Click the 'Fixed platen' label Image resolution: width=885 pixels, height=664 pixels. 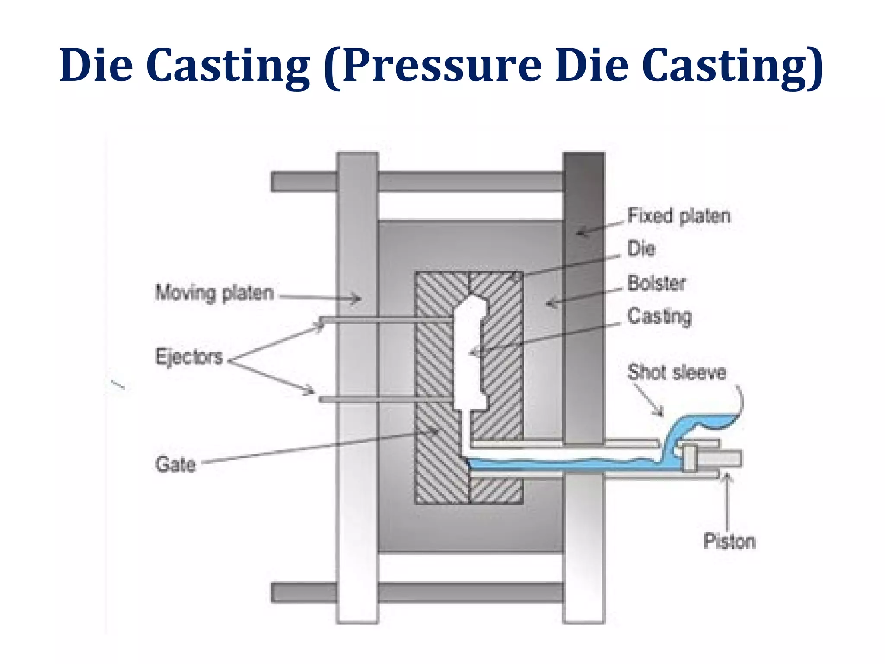pos(678,216)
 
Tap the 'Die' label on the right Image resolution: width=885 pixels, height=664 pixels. pos(641,249)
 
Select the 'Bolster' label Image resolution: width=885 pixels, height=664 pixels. pos(656,283)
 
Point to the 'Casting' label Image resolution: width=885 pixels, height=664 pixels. pos(659,316)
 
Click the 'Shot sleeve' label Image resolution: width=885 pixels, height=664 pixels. pos(677,372)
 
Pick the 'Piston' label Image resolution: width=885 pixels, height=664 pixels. pos(729,541)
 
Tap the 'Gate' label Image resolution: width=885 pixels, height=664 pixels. pos(175,465)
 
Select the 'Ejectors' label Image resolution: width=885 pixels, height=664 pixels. pos(189,357)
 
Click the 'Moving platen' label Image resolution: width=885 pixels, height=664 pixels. pos(214,293)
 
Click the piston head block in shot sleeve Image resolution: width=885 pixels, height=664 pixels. pos(689,458)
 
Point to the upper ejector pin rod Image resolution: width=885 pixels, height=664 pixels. pos(389,320)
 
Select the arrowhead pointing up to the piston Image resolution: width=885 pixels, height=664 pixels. pos(727,477)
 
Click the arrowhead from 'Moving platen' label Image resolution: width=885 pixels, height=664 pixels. pos(357,298)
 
